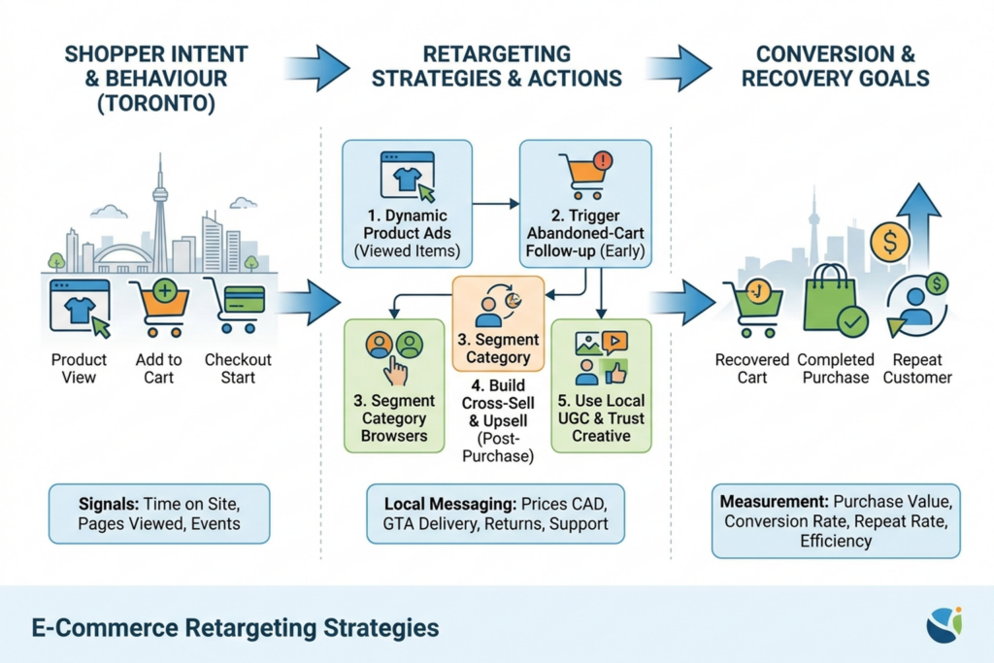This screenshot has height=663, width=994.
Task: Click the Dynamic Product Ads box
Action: [x=407, y=204]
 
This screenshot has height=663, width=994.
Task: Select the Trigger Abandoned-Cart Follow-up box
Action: [x=585, y=204]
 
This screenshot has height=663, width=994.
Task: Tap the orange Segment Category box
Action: [x=498, y=323]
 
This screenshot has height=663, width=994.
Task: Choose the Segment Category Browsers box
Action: [x=394, y=385]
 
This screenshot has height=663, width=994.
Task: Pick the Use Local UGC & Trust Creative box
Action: [x=601, y=385]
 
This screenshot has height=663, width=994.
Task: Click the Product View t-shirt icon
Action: [x=80, y=309]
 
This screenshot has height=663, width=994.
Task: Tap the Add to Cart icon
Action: [x=159, y=308]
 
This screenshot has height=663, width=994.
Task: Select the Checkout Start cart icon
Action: [x=235, y=306]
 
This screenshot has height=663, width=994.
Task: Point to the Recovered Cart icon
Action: [x=752, y=308]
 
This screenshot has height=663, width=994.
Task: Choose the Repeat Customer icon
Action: [x=916, y=305]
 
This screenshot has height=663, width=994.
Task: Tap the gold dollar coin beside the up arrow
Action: [x=890, y=242]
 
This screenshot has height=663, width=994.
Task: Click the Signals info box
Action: [x=159, y=514]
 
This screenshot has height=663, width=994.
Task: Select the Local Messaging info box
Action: [x=496, y=514]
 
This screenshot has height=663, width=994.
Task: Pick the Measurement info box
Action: [x=836, y=521]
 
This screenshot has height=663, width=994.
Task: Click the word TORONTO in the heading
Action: [x=156, y=103]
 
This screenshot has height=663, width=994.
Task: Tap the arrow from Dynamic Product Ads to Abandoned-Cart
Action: [x=496, y=204]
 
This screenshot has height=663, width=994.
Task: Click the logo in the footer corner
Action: [x=944, y=625]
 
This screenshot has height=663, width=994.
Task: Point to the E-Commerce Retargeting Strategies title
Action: [x=235, y=627]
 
